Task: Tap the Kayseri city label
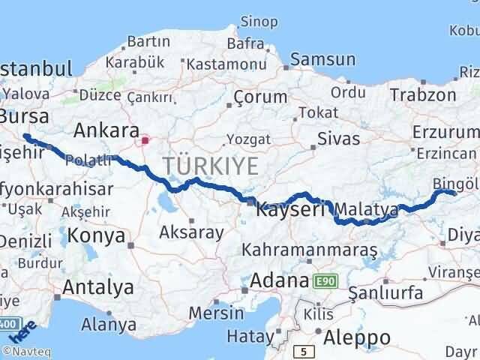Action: (x=290, y=210)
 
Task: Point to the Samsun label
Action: (x=322, y=60)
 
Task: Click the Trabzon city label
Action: (x=422, y=95)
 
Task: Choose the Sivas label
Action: (x=338, y=139)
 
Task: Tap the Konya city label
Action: (x=96, y=236)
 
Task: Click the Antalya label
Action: (x=98, y=286)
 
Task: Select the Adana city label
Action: (x=279, y=281)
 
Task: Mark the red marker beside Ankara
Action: (x=145, y=139)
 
